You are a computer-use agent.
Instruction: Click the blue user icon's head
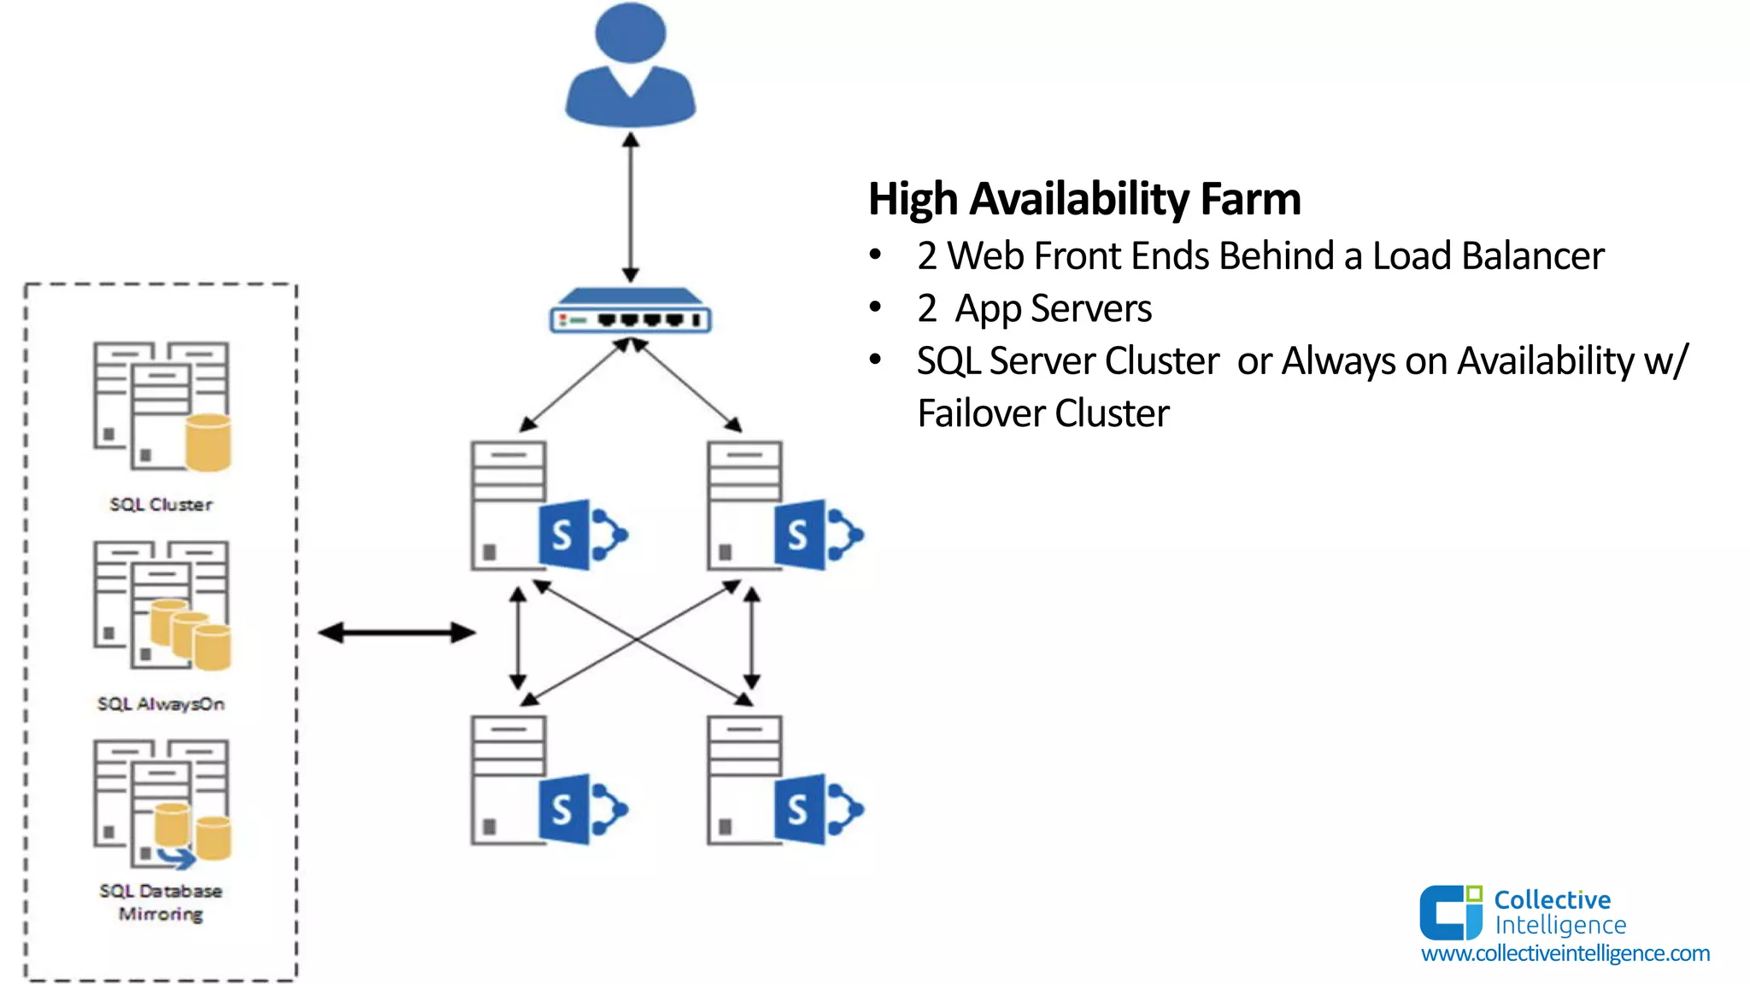tap(631, 32)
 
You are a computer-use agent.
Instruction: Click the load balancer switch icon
tap(631, 313)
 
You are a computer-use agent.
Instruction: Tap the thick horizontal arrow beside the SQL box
tap(396, 633)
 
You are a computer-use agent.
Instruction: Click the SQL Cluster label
tap(161, 505)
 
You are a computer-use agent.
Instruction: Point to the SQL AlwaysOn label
tap(161, 704)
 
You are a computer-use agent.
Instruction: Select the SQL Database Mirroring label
tap(161, 902)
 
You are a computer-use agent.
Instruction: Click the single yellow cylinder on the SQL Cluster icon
tap(208, 442)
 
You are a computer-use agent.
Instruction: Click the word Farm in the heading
tap(1250, 199)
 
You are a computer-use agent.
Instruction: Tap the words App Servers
tap(1053, 308)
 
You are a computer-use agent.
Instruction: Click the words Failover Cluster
tap(1042, 413)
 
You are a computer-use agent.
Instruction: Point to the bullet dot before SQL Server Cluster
tap(875, 360)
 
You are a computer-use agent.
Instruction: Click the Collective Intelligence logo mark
tap(1450, 912)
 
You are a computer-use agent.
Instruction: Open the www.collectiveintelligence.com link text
tap(1565, 953)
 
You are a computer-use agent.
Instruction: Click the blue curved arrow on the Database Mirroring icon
tap(177, 857)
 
